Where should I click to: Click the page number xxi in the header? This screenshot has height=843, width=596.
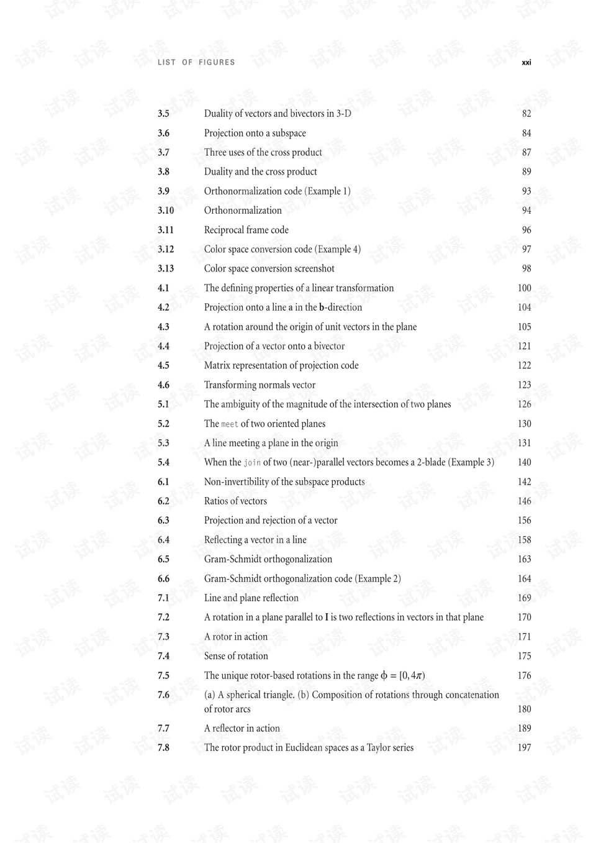[x=526, y=63]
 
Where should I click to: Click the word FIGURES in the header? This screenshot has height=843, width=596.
[x=217, y=63]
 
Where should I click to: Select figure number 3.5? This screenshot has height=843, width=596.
[x=163, y=114]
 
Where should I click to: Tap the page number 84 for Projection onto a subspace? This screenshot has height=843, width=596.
[x=526, y=133]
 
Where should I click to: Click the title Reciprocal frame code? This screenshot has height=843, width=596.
[x=246, y=230]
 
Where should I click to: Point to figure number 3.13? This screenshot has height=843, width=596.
[x=165, y=268]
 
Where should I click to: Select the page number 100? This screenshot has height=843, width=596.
[x=524, y=288]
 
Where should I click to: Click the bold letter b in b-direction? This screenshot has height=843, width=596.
[x=322, y=308]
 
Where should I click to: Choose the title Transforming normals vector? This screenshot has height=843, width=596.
[x=260, y=385]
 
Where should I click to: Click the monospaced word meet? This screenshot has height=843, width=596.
[x=230, y=424]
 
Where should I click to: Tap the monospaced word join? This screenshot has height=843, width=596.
[x=252, y=463]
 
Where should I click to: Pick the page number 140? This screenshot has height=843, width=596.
[x=524, y=462]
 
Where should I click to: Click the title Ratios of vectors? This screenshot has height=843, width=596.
[x=235, y=501]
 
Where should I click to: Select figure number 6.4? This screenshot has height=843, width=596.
[x=163, y=540]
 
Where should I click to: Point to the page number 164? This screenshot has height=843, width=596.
[x=524, y=578]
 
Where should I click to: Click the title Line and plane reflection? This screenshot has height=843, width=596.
[x=251, y=598]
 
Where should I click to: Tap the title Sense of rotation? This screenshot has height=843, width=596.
[x=236, y=656]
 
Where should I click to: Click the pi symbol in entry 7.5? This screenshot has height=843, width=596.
[x=418, y=676]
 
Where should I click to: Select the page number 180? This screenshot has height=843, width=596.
[x=524, y=709]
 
